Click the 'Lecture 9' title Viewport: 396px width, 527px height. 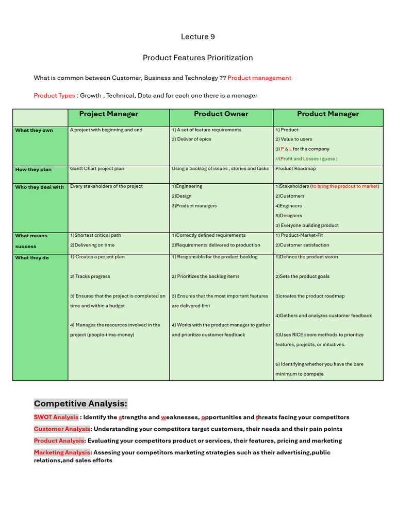point(198,37)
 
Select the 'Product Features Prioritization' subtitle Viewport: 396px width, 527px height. point(198,58)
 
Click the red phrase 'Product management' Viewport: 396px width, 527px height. point(259,78)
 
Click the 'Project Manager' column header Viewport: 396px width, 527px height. point(108,114)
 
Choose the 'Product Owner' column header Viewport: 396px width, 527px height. point(221,114)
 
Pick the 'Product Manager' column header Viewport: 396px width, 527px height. point(328,114)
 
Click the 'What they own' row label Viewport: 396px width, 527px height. point(34,130)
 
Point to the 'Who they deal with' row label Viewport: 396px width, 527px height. point(39,187)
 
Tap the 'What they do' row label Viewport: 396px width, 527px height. point(32,258)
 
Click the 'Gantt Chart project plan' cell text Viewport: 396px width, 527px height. point(97,169)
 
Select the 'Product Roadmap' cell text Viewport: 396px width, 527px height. point(295,169)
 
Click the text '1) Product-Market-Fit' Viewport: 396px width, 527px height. point(299,235)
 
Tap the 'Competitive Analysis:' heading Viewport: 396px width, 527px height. point(80,403)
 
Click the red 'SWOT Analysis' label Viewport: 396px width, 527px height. point(56,417)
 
